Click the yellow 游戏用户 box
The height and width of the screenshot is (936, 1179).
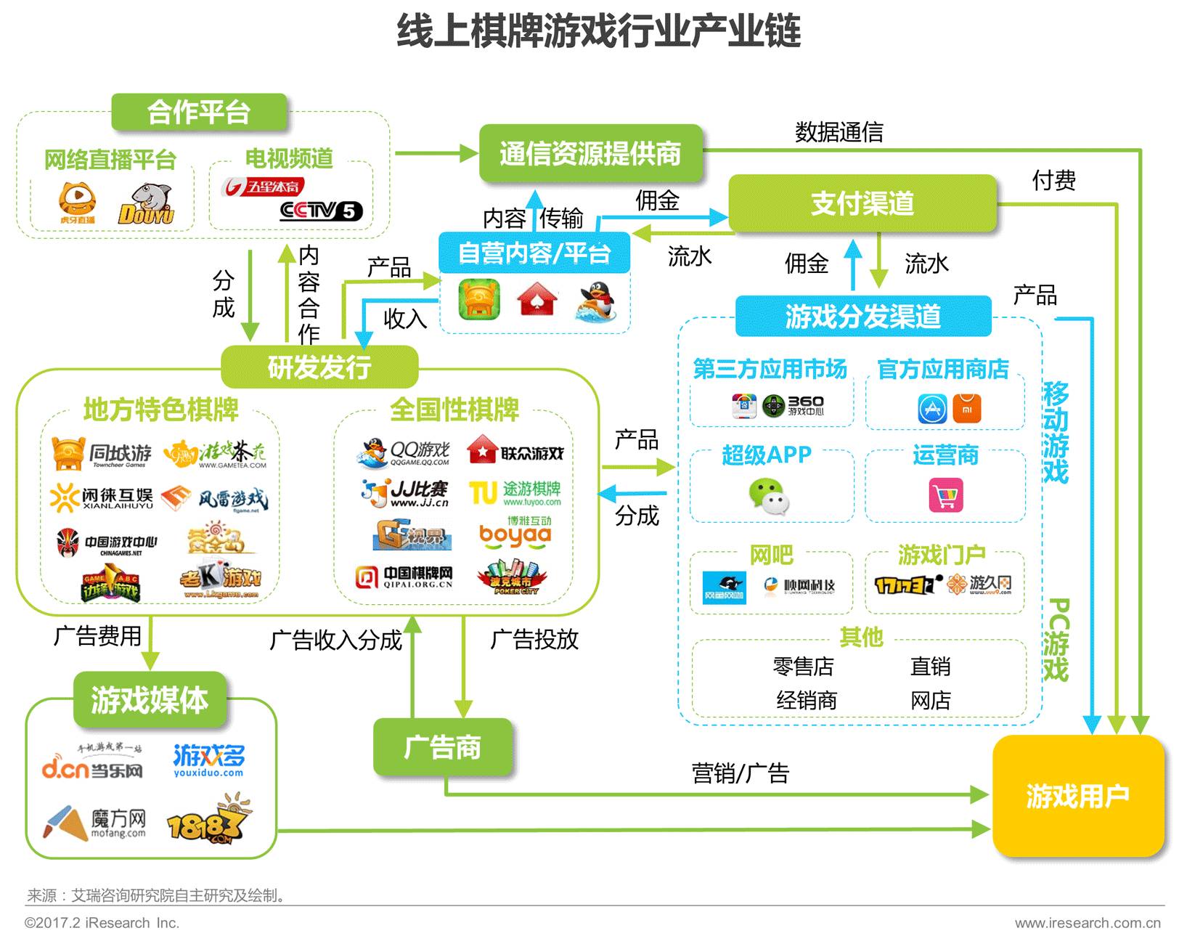(1077, 796)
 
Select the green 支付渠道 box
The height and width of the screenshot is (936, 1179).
(862, 203)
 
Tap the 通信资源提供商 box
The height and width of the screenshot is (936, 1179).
(590, 153)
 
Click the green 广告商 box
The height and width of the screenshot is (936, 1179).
(442, 747)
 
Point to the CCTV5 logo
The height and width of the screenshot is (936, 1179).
(320, 211)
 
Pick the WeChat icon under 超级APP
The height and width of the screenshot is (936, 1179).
(768, 497)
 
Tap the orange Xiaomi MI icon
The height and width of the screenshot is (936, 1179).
(966, 409)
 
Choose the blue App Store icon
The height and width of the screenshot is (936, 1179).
(932, 409)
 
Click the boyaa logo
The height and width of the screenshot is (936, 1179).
(515, 534)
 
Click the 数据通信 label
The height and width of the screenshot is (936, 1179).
(839, 132)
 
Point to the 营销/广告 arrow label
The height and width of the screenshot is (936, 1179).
(740, 773)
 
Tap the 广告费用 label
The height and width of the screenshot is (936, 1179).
(97, 636)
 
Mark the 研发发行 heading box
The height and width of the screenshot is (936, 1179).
(319, 367)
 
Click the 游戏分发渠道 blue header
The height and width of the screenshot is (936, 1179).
(862, 317)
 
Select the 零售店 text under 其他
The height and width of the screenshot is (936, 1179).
(803, 666)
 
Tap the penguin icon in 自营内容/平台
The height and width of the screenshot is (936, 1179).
(596, 301)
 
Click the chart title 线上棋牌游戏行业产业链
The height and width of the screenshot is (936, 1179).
(598, 31)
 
